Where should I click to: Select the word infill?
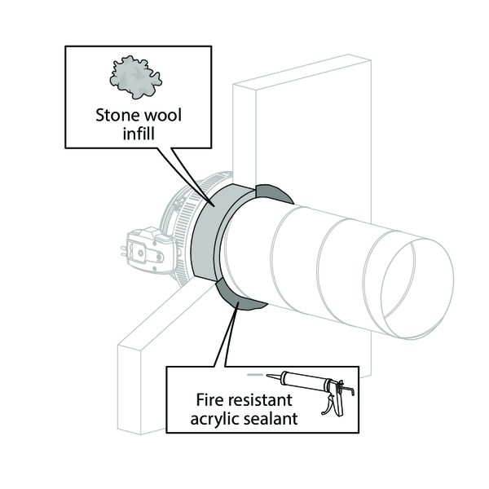[139, 134]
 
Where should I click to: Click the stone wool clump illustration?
[135, 77]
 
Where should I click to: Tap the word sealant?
[271, 419]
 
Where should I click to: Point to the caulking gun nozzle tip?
[267, 376]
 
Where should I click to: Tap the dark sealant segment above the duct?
[272, 192]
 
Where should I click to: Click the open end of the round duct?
[417, 289]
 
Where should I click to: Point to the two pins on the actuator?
[123, 252]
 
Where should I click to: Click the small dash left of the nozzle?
[253, 375]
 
